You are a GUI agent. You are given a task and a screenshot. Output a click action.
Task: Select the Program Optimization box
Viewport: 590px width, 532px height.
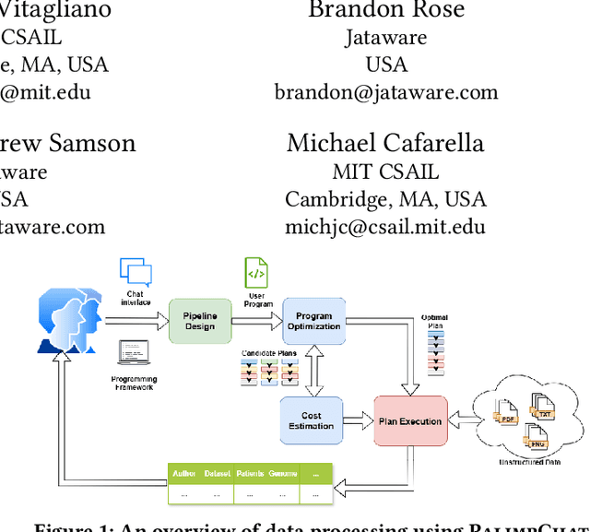313,322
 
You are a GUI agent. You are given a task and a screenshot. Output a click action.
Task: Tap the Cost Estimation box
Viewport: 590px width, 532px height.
312,420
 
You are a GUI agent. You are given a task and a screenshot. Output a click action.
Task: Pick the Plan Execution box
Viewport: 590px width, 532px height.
410,421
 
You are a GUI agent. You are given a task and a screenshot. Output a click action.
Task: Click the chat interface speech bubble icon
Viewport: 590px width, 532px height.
136,273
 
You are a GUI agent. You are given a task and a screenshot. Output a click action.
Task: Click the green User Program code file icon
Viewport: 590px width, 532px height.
255,274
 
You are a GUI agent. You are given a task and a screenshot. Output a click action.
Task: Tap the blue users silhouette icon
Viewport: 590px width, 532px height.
66,319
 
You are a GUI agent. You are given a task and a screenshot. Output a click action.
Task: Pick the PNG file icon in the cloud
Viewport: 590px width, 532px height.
534,434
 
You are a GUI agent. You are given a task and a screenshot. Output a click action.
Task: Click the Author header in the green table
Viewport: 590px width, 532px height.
184,474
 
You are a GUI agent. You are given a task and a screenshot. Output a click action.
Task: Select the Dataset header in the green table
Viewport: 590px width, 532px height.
218,474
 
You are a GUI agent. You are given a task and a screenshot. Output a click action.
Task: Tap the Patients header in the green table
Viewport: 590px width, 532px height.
251,474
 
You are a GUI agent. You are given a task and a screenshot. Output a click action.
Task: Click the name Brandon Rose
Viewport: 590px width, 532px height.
386,10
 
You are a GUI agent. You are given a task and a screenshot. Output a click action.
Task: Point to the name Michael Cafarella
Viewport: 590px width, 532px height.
385,143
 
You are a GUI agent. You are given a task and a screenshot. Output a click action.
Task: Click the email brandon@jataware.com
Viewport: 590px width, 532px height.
386,92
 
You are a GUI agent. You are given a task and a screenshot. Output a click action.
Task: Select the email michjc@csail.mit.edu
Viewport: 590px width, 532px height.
385,227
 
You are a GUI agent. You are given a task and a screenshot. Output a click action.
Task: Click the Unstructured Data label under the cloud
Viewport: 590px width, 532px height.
530,461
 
